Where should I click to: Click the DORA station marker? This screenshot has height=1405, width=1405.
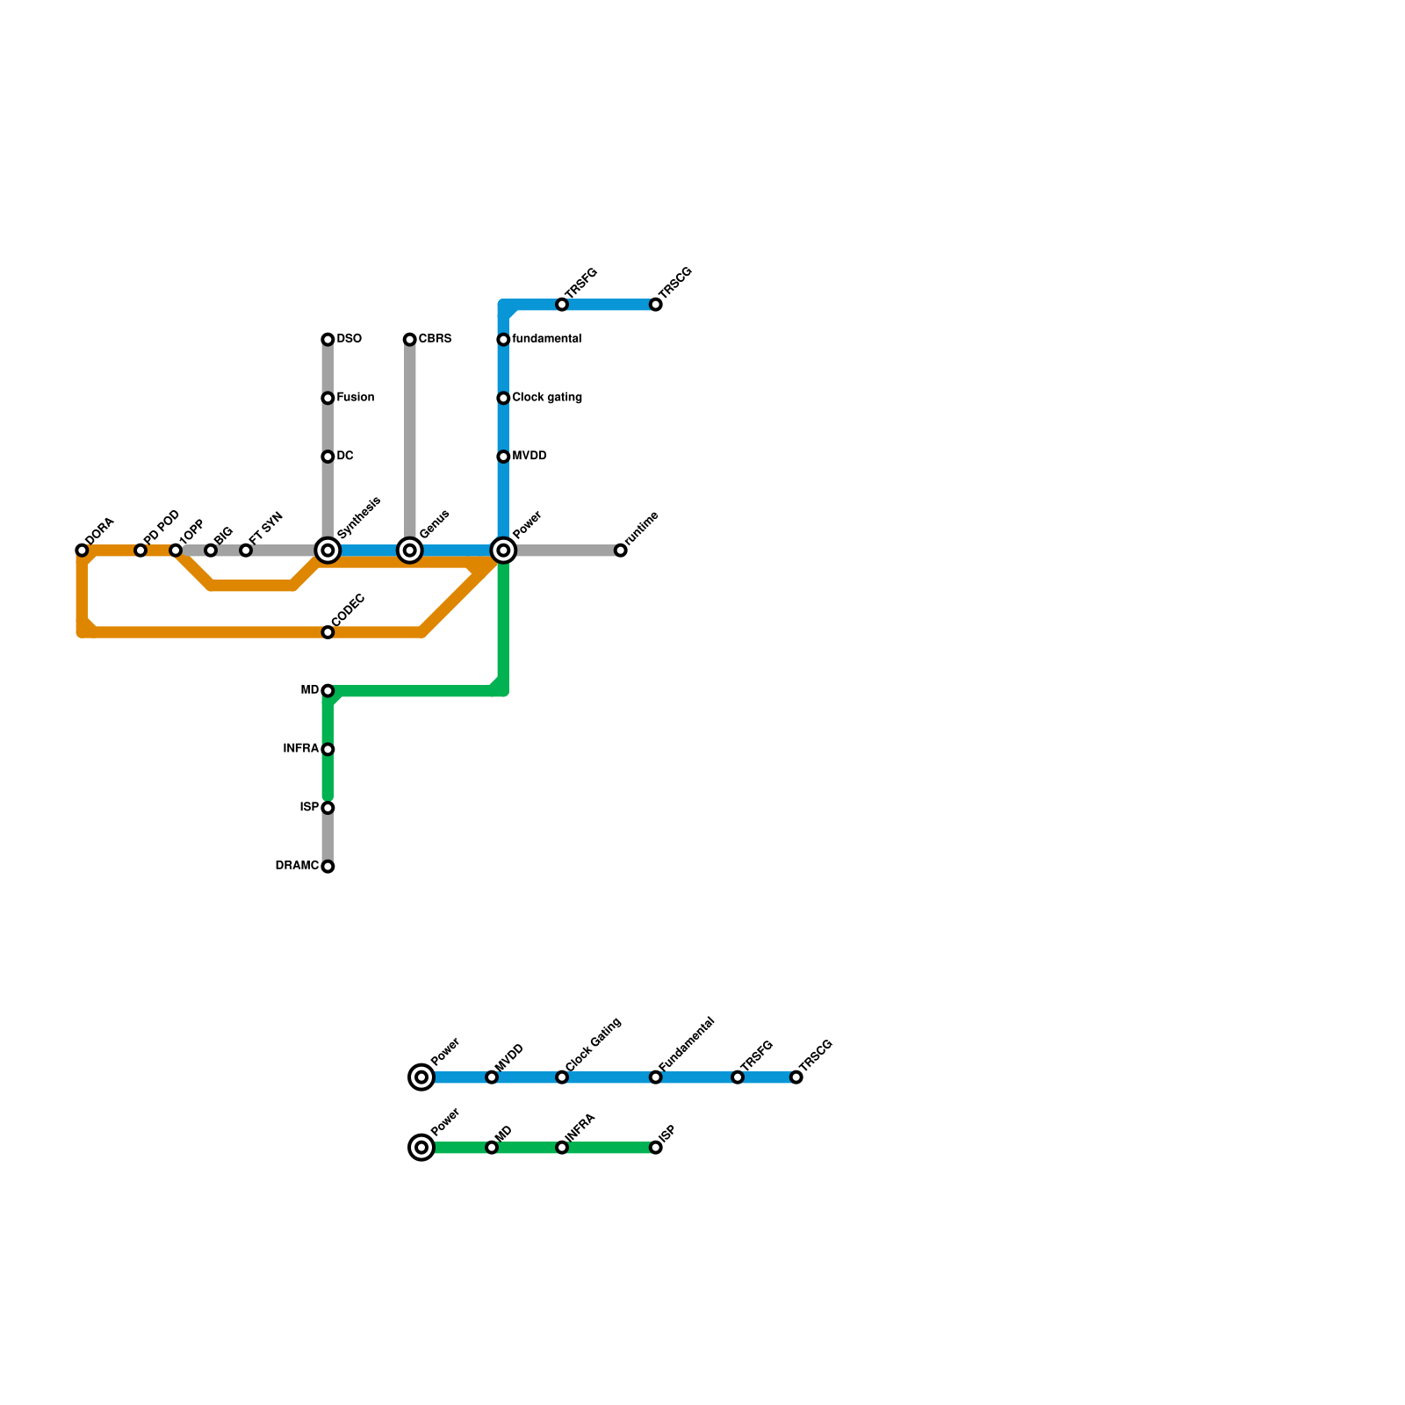[82, 551]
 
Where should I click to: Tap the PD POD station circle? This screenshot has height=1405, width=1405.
[140, 551]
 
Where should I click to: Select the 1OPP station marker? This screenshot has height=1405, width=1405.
[176, 551]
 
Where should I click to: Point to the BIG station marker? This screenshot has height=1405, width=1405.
[211, 551]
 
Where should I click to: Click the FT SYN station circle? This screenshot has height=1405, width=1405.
[246, 551]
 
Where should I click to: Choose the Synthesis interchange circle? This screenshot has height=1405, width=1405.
[328, 551]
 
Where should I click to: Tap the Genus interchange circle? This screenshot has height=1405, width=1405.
[410, 551]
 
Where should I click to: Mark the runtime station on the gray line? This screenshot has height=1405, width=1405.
[621, 551]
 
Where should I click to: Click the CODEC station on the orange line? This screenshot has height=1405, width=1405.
[328, 632]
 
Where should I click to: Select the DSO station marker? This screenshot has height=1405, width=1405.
[328, 340]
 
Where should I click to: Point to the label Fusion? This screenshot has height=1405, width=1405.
[356, 398]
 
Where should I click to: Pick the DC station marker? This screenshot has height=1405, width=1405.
[328, 457]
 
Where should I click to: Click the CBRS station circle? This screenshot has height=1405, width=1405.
[410, 340]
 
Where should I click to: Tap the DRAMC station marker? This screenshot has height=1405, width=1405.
[328, 867]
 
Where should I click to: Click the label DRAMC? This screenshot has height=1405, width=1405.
[297, 866]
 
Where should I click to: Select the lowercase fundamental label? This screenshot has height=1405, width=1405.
[546, 339]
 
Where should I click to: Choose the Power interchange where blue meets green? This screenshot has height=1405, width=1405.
[503, 551]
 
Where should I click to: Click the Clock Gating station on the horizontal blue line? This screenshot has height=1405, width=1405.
[562, 1077]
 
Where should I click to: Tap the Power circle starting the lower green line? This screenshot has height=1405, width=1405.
[422, 1148]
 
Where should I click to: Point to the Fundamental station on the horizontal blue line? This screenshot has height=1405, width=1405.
[656, 1077]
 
